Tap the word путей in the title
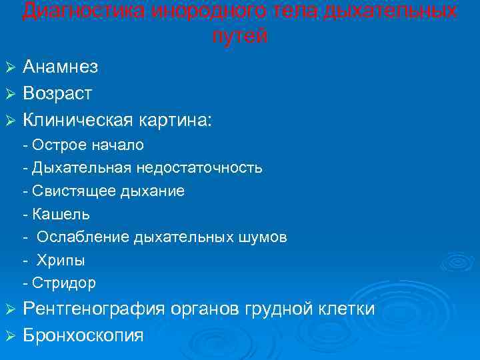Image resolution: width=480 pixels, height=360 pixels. pyautogui.click(x=240, y=37)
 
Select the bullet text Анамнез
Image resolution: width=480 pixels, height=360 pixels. pyautogui.click(x=60, y=67)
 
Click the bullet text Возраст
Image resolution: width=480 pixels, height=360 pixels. pyautogui.click(x=57, y=93)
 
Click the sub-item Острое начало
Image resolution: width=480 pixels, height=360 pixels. pyautogui.click(x=87, y=145)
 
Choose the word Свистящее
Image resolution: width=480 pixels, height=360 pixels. pyautogui.click(x=73, y=191)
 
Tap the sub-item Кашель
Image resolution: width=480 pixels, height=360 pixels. pyautogui.click(x=59, y=215)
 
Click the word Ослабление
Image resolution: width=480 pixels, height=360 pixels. pyautogui.click(x=83, y=237)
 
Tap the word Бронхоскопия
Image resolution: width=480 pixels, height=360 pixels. pyautogui.click(x=83, y=335)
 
